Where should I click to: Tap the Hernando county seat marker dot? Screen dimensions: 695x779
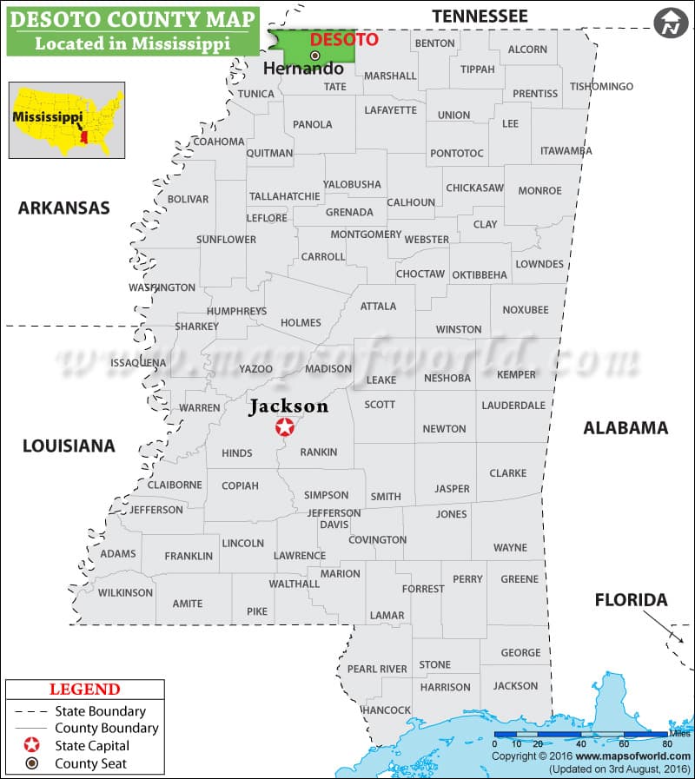pos(315,56)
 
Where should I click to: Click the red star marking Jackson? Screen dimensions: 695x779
pos(284,426)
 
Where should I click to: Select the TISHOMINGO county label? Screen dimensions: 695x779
pos(601,87)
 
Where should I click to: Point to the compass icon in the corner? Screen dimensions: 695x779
pos(670,23)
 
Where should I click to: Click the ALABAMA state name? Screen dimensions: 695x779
pos(625,427)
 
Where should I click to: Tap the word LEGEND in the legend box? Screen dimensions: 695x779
pos(84,690)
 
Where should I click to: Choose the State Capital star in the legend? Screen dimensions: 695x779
pos(31,745)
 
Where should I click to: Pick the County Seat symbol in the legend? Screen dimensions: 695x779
pos(31,763)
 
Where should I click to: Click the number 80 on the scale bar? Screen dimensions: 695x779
pos(667,743)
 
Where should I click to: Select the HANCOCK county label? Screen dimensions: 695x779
pos(386,710)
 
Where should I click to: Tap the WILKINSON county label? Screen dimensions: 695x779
pos(125,593)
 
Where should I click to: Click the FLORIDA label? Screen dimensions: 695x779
pos(631,600)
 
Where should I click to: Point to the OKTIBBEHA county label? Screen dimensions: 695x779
pos(480,274)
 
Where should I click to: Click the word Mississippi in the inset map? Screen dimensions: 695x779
pos(42,115)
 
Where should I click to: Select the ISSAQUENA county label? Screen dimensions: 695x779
pos(138,362)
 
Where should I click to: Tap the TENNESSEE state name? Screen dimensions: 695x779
pos(480,16)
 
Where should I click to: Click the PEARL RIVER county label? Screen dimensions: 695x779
pos(377,669)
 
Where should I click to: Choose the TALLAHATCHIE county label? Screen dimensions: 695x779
pos(284,196)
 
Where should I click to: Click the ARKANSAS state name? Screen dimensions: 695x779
pos(64,208)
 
